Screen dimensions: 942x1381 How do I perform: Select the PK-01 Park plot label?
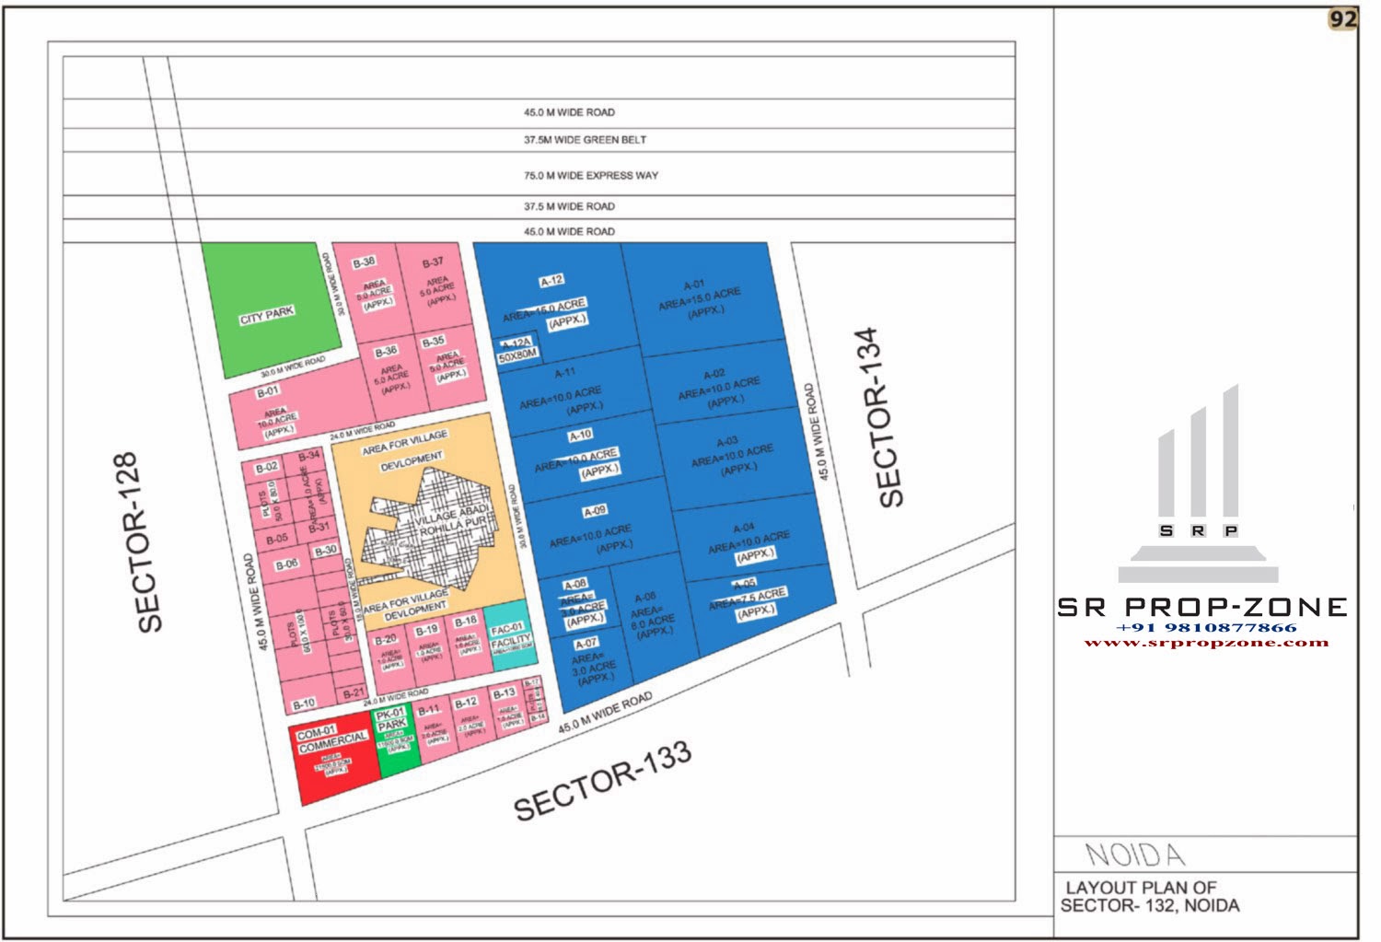point(391,718)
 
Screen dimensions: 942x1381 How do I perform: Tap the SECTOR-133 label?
point(602,781)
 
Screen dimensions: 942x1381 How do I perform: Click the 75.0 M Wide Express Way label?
point(591,175)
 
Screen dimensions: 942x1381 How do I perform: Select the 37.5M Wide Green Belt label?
point(585,140)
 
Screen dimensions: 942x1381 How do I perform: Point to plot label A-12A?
point(516,343)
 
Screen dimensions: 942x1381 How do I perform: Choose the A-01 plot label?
point(694,284)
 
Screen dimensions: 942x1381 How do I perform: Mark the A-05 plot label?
point(744,585)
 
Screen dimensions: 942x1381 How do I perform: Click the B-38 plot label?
point(364,262)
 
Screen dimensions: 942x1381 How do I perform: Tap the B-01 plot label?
point(267,390)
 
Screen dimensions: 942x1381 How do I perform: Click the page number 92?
point(1343,19)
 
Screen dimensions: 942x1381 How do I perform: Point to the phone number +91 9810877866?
point(1206,627)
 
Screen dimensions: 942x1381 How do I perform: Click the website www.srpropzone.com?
point(1206,642)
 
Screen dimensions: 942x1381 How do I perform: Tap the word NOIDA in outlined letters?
point(1134,855)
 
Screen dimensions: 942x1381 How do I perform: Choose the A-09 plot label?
point(595,511)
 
